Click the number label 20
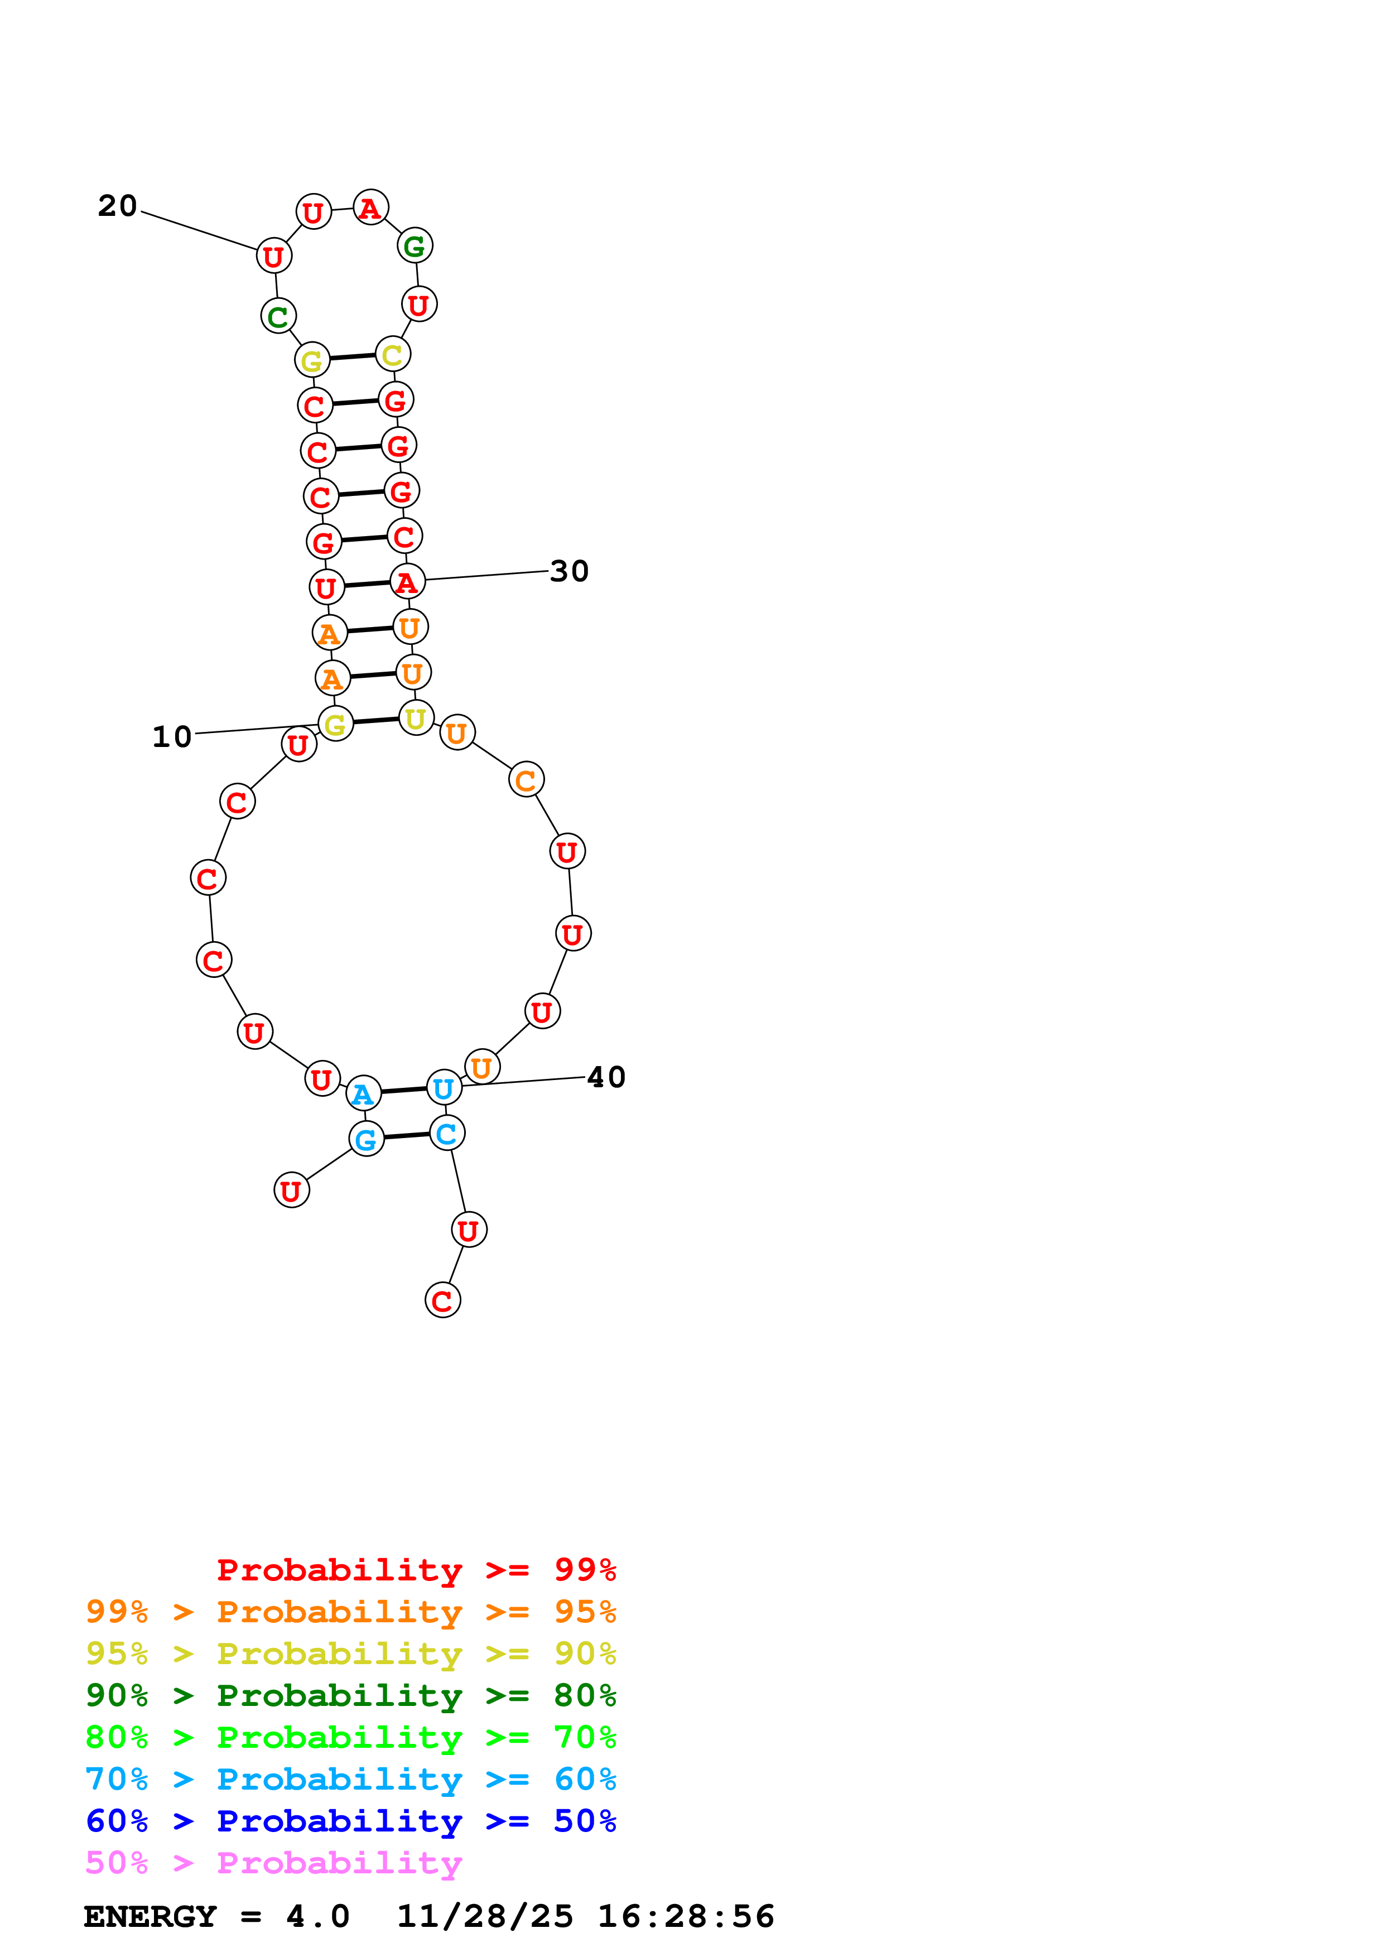tap(118, 206)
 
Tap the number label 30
tap(569, 572)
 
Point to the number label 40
tap(607, 1077)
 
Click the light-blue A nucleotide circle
tap(364, 1093)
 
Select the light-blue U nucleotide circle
tap(444, 1088)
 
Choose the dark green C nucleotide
tap(278, 316)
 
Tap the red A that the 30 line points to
tap(407, 582)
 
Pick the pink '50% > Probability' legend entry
tap(273, 1863)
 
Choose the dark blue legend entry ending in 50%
tap(350, 1821)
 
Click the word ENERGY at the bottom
tap(150, 1917)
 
